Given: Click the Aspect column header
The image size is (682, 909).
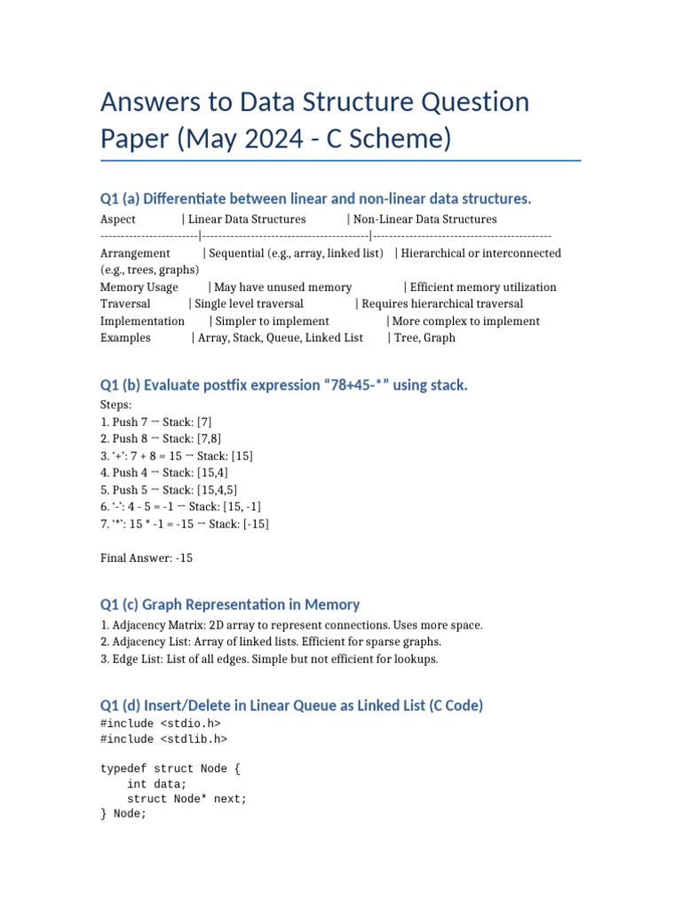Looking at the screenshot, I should (x=118, y=219).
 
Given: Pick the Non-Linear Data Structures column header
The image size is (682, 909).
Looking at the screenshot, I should (x=425, y=219).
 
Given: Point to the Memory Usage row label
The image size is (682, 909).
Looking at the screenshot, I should (x=139, y=288).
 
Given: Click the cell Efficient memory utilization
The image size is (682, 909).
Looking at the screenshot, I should (x=483, y=288).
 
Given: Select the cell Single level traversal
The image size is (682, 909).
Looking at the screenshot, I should (x=250, y=304).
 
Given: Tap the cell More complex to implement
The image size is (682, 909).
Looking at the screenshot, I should (x=465, y=321).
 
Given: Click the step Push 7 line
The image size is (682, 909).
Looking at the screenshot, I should (x=156, y=422).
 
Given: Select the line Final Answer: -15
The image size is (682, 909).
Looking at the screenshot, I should (x=147, y=558).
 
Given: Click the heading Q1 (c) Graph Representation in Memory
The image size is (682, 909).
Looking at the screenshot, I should (x=230, y=605).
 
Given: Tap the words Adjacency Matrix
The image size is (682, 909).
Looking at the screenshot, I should (x=154, y=626).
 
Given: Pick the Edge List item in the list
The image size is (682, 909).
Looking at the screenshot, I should (x=137, y=660).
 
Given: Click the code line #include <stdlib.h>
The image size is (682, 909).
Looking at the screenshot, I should (x=163, y=739).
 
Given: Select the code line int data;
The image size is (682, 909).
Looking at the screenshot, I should (x=157, y=784).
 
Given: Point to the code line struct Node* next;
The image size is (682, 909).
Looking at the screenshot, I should (x=186, y=799).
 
